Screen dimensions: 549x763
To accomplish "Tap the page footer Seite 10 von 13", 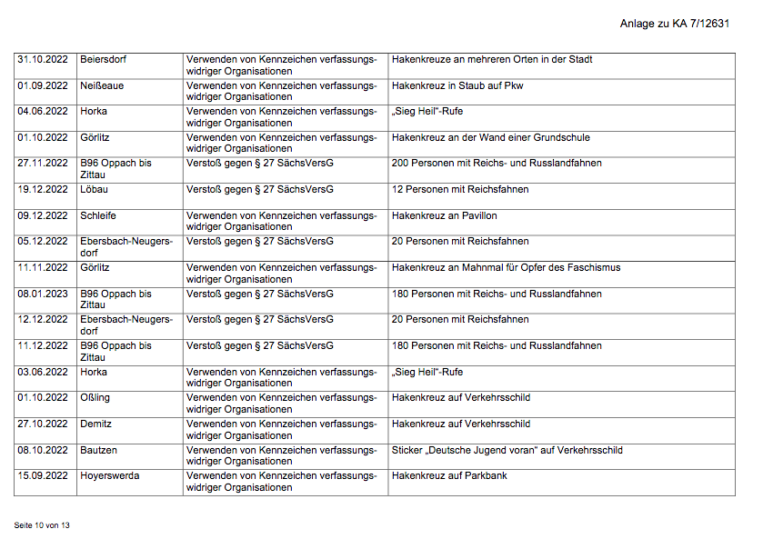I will point(42,525).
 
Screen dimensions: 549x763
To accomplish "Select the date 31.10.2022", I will point(43,60).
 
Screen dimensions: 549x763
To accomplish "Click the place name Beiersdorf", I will point(104,60).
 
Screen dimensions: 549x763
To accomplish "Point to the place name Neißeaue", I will point(102,86).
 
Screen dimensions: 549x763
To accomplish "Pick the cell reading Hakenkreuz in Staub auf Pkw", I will point(457,86).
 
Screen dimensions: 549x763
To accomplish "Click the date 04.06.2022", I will point(43,112).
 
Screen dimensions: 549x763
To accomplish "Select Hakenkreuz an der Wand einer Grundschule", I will point(491,138).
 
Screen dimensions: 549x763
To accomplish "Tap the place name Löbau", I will point(94,190).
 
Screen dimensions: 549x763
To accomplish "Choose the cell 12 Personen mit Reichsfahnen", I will point(460,190).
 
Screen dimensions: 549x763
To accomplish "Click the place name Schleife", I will point(98,216).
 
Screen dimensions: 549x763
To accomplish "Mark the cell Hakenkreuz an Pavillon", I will point(445,216).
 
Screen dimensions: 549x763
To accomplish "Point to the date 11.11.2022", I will point(43,268).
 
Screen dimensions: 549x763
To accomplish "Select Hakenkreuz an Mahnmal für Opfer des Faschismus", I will point(507,268).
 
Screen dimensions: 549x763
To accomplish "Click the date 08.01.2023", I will point(43,294).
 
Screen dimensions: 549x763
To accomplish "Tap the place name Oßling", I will point(95,398).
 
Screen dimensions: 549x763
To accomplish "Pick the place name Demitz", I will point(95,424).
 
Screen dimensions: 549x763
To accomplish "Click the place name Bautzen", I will point(98,451).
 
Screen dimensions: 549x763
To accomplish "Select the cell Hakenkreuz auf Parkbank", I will point(449,476).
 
